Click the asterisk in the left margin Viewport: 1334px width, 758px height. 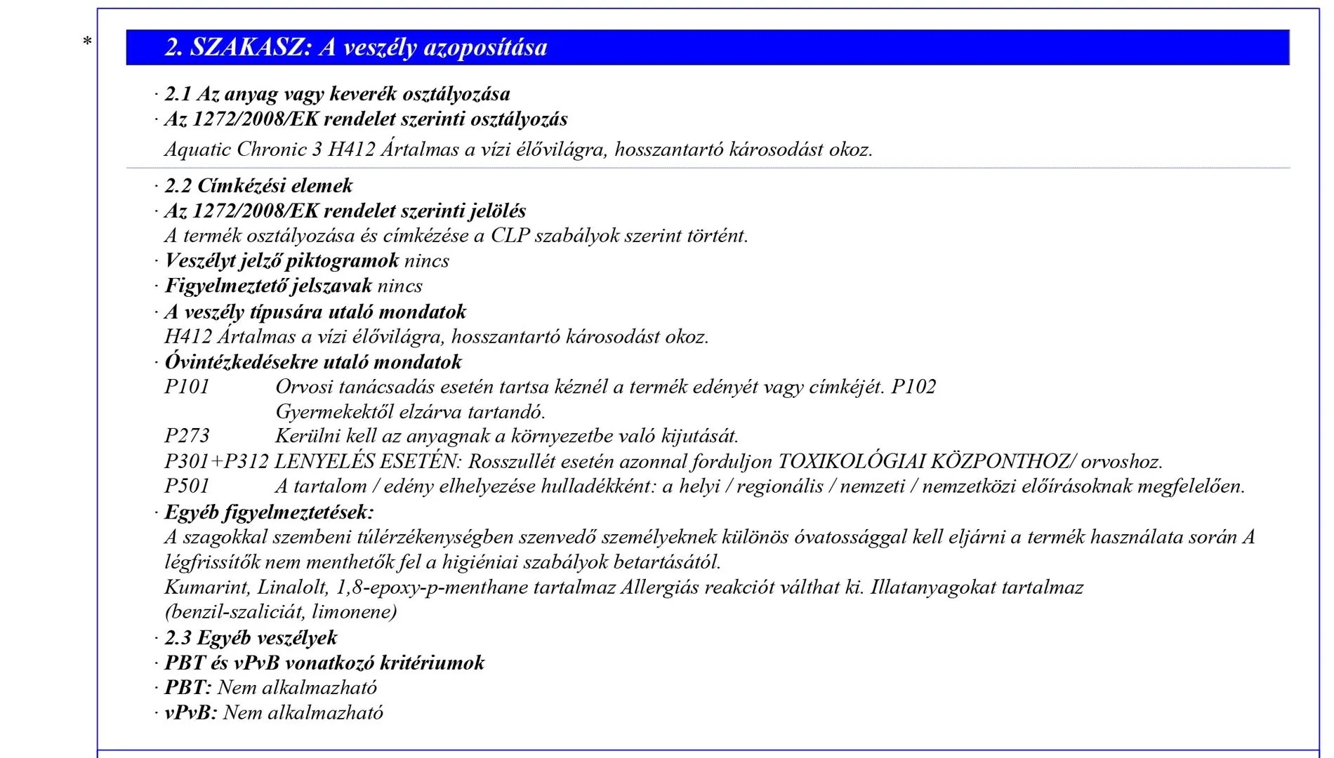point(87,42)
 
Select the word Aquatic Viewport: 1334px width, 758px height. point(198,149)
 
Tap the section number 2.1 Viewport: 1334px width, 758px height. point(178,94)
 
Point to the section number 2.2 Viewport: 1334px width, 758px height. point(178,186)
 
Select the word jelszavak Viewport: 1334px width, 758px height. point(331,286)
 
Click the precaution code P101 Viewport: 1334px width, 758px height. point(187,387)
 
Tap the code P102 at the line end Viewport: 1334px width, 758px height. point(913,387)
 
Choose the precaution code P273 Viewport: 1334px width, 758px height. point(187,436)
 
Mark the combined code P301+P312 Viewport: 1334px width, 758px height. point(216,462)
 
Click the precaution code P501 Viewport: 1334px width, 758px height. point(187,486)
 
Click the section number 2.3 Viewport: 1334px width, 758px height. point(178,638)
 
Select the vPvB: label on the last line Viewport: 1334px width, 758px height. point(190,713)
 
